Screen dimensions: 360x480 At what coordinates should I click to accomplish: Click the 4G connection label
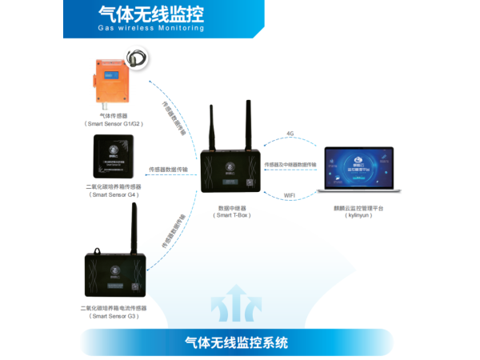click(291, 133)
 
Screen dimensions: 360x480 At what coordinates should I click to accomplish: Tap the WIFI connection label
click(290, 196)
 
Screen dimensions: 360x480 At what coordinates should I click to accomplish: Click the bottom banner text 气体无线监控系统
click(236, 343)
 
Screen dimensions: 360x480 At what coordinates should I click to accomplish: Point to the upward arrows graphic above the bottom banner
click(232, 308)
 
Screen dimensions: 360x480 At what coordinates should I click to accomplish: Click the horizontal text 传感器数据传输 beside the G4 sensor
click(169, 170)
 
